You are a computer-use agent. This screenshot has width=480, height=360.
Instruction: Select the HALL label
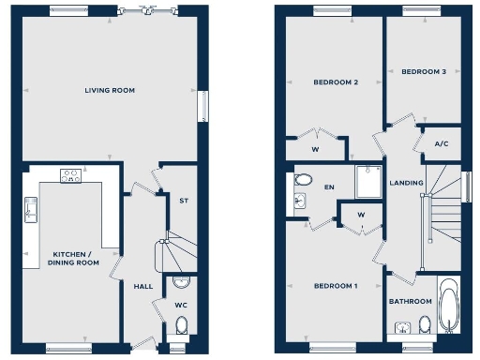[x=142, y=287]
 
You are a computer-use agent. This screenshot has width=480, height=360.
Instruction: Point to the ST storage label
[x=185, y=199]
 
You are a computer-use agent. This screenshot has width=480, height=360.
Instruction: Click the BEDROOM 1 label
[x=335, y=286]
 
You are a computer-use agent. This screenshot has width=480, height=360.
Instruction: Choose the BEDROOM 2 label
[x=336, y=82]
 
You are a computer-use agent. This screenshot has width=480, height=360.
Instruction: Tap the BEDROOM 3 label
[x=424, y=71]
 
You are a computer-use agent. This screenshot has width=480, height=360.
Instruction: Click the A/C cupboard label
[x=442, y=143]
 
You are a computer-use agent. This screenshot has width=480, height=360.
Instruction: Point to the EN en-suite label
[x=329, y=187]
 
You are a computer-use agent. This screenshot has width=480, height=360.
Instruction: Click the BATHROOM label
[x=411, y=301]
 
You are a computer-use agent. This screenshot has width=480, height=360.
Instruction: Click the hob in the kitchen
[x=71, y=174]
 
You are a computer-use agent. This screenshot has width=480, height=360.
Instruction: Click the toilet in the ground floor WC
[x=181, y=326]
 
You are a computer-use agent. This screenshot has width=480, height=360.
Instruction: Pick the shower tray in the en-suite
[x=368, y=182]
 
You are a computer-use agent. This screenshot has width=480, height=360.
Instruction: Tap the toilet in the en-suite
[x=304, y=179]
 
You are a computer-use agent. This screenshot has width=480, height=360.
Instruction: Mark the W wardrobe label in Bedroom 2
[x=314, y=148]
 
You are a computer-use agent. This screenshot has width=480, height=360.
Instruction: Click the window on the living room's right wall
[x=202, y=105]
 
